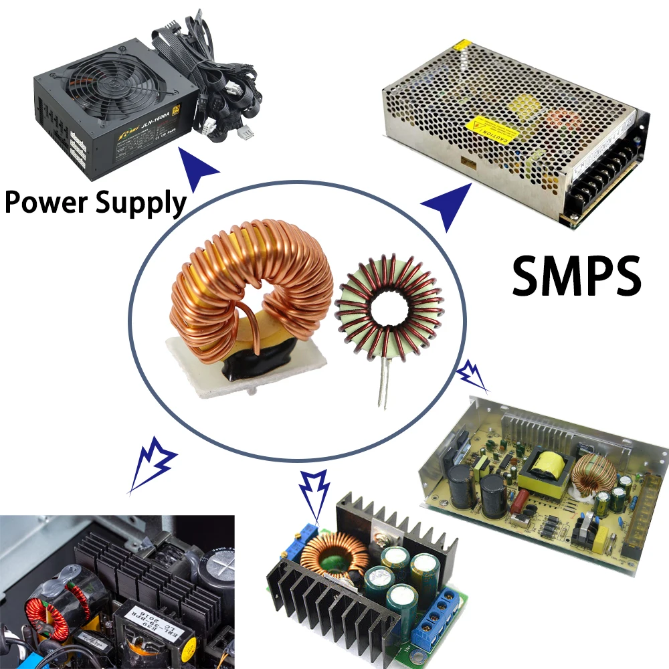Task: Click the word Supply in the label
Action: click(x=140, y=203)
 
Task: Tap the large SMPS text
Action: click(x=577, y=276)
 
